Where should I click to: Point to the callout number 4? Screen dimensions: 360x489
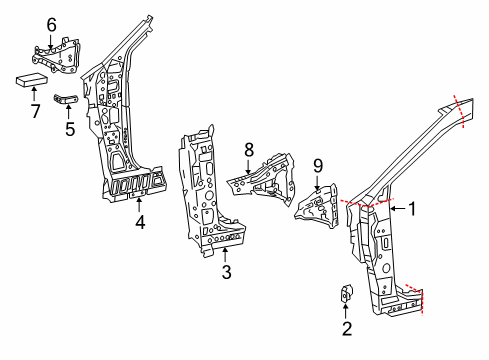click(140, 223)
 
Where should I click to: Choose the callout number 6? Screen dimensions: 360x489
click(51, 24)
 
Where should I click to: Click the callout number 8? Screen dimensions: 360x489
click(249, 152)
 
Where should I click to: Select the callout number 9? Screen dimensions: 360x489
click(317, 166)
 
